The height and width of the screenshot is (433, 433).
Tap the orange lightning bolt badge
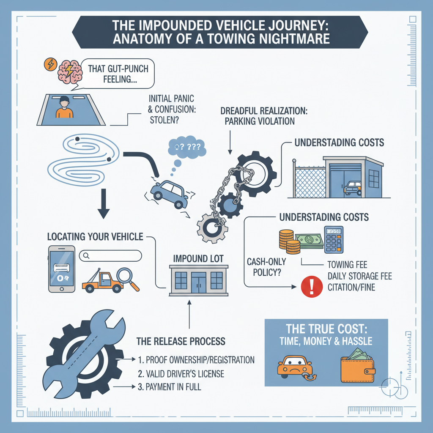point(49,64)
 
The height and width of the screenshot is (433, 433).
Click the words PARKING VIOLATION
point(258,121)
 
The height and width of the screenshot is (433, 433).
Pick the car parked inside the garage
point(354,188)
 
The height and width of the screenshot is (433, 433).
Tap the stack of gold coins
point(287,241)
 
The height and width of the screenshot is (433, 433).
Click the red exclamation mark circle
point(310,286)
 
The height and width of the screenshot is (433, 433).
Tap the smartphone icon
point(61,269)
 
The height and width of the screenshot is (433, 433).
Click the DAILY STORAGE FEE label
point(359,277)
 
